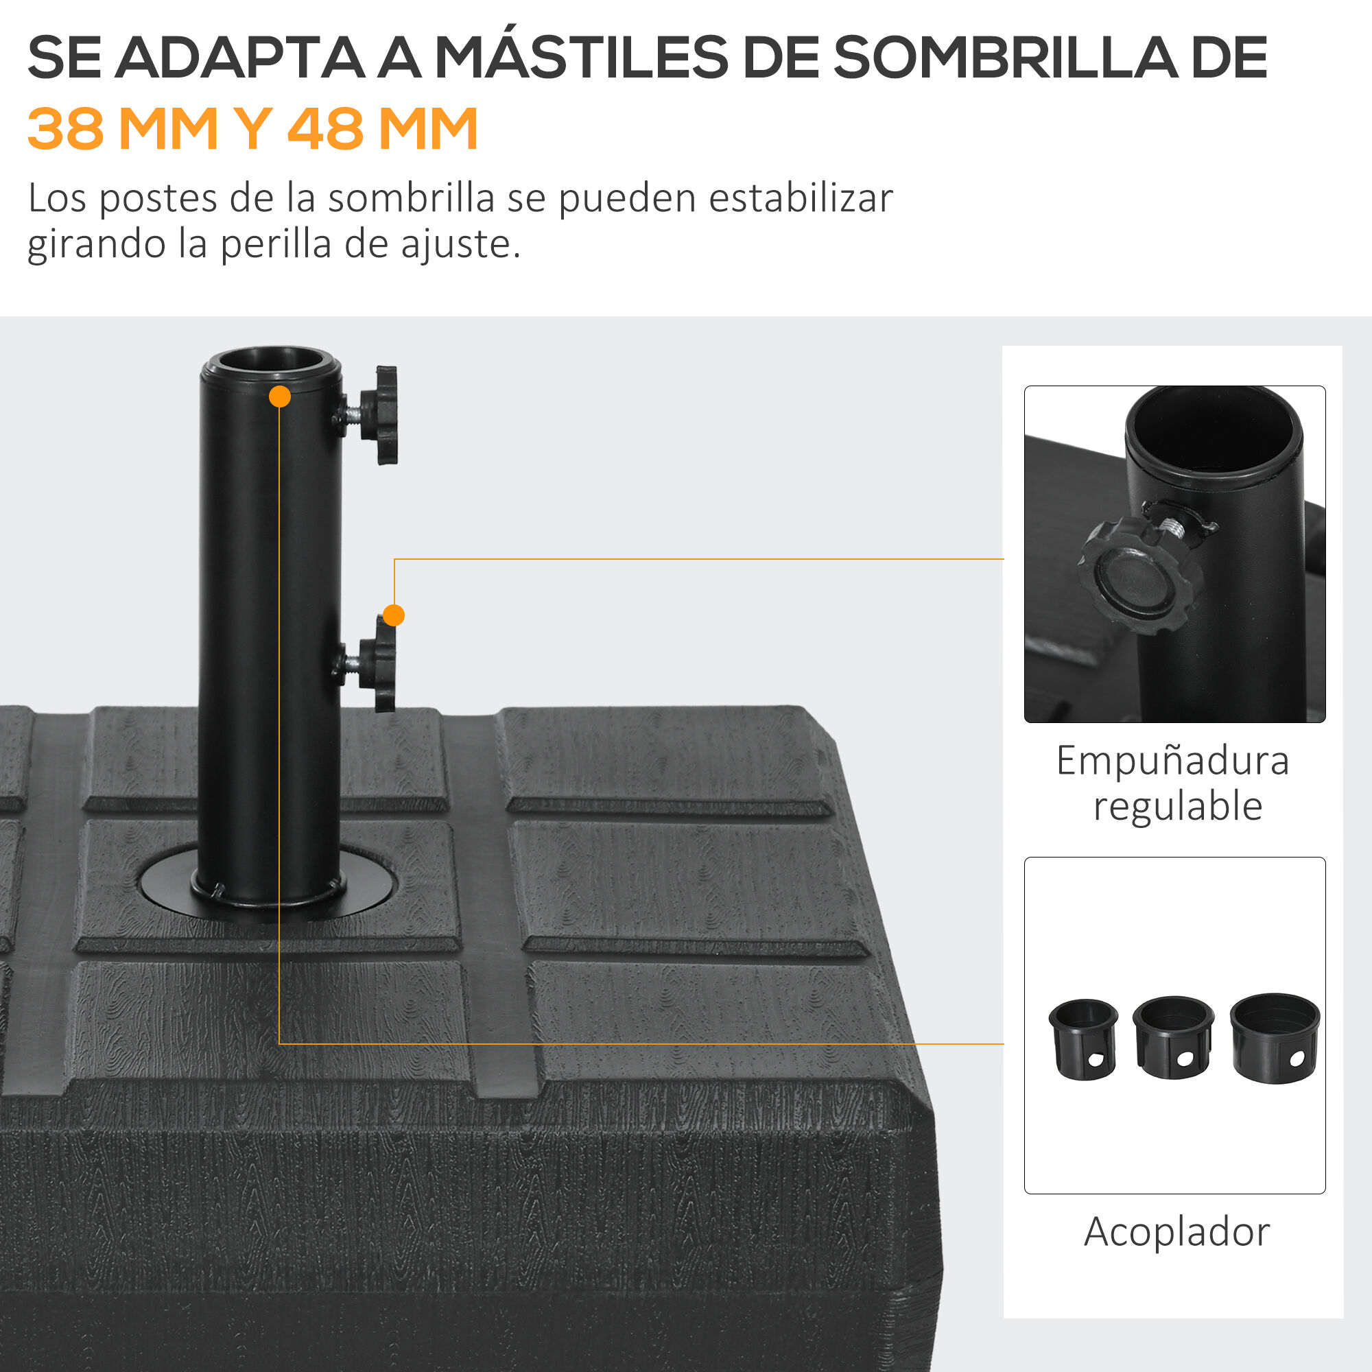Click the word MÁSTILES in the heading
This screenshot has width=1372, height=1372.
pos(581,58)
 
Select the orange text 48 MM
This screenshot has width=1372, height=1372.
pos(382,129)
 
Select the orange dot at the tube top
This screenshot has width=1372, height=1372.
pos(280,397)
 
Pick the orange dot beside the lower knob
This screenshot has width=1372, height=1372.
pos(393,615)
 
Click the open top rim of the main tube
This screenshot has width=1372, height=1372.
pos(270,362)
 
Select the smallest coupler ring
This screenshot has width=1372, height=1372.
pos(1083,1040)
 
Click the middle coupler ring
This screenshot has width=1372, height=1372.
pos(1173,1037)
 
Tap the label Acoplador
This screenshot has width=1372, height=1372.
pos(1176,1232)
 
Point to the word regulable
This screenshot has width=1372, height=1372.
pos(1177,807)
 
